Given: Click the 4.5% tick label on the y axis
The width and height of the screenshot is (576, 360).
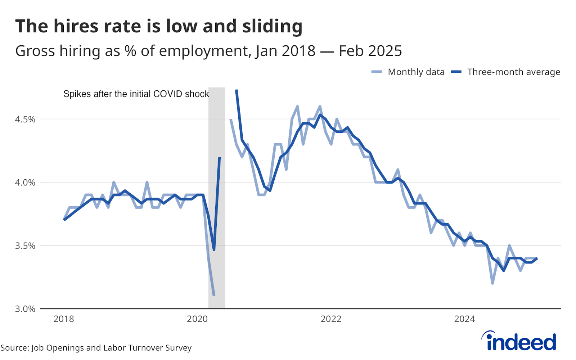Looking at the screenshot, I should [25, 119].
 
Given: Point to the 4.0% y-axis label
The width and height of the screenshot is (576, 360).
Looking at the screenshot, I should [25, 183].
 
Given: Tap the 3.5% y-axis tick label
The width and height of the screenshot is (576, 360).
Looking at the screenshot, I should [25, 246].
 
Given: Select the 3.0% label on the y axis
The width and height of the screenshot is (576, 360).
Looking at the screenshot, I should [25, 309].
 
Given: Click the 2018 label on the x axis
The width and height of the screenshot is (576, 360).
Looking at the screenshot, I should [63, 319].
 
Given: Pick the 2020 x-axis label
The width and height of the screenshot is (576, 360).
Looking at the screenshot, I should [197, 319].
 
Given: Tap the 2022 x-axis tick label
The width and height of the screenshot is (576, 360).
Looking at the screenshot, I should [331, 319].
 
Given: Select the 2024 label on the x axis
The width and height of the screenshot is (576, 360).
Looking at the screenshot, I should [464, 319].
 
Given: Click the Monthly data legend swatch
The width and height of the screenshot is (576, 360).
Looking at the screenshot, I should [377, 72].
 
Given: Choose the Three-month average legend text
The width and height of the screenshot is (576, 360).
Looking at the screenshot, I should [514, 72].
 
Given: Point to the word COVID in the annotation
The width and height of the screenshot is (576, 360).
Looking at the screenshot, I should [168, 94].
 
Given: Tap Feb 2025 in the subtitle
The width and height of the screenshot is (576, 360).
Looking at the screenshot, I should [370, 51].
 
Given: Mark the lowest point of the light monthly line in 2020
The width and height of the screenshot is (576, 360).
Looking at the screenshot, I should [214, 296].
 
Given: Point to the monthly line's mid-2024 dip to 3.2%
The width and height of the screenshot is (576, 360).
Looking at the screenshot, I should [492, 283].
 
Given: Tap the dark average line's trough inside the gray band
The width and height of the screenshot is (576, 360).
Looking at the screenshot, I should [214, 249].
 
